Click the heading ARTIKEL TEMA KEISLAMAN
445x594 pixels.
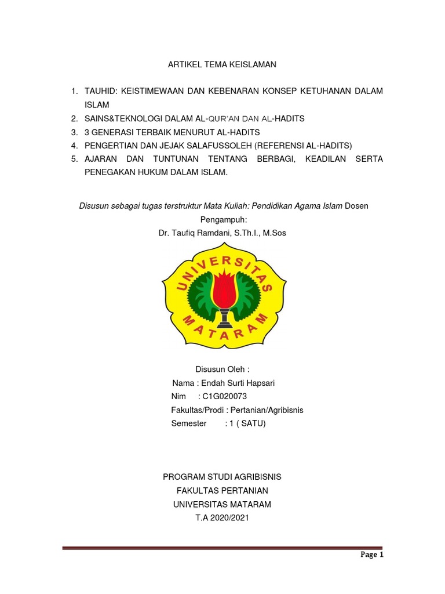[x=222, y=65]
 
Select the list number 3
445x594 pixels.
[x=74, y=132]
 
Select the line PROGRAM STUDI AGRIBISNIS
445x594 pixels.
[x=222, y=477]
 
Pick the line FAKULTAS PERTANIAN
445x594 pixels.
[x=222, y=491]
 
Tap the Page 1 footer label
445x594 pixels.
[x=372, y=555]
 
